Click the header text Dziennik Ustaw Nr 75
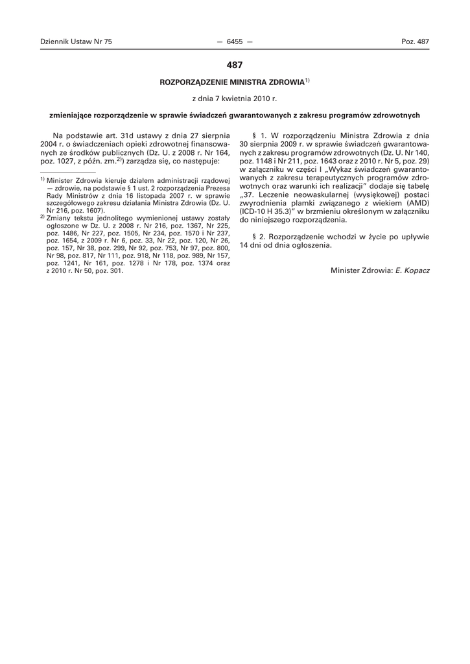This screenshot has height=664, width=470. coord(76,41)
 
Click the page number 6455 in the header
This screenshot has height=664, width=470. coord(235,41)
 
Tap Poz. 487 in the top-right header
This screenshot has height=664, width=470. coord(415,41)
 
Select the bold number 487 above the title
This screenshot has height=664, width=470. coord(235,65)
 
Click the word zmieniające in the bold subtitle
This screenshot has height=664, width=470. coord(71,115)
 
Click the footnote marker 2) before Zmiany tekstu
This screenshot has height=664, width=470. coord(41,217)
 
